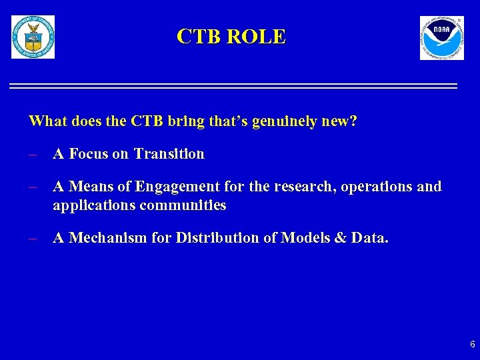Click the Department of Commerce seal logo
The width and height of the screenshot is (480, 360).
(33, 37)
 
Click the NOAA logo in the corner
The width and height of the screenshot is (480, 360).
(441, 38)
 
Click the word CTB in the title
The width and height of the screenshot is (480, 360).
(199, 37)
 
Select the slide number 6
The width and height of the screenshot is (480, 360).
(472, 345)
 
